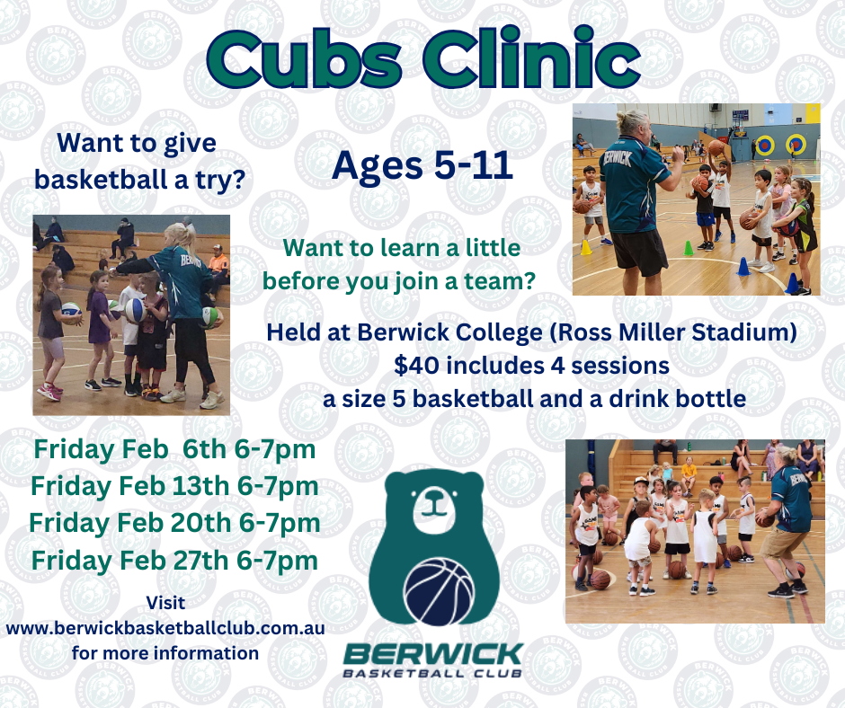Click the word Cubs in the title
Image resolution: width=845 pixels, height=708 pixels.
304,59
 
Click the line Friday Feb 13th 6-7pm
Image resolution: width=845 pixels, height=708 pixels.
174,487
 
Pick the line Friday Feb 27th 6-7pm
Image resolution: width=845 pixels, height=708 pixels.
174,561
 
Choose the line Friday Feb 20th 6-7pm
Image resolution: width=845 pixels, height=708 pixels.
174,523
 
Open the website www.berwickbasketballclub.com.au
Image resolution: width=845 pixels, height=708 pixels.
165,628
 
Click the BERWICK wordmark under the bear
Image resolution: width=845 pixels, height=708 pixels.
433,655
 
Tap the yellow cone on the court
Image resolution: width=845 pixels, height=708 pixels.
586,247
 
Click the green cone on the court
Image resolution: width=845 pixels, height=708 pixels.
689,248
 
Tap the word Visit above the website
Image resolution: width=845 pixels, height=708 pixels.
165,602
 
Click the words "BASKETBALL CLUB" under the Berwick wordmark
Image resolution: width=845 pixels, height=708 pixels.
432,673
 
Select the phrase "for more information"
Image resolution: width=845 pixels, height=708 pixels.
165,653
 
